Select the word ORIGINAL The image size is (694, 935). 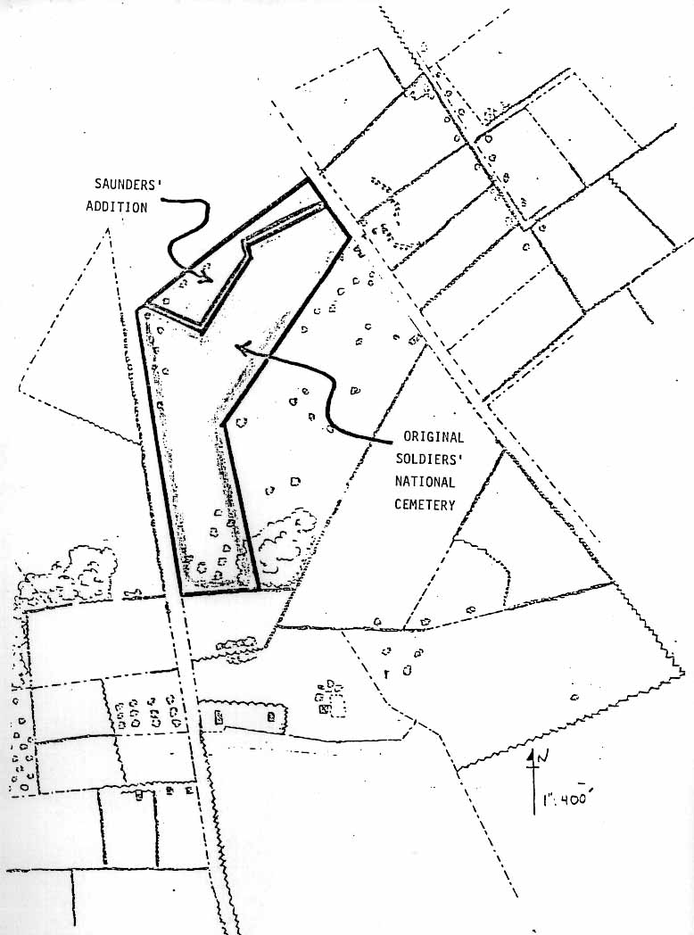pyautogui.click(x=434, y=438)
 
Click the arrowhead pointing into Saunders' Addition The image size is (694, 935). pyautogui.click(x=204, y=278)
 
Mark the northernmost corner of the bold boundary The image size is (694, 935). pyautogui.click(x=309, y=179)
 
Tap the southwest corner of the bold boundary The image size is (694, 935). pyautogui.click(x=181, y=592)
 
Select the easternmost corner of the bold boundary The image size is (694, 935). pyautogui.click(x=348, y=240)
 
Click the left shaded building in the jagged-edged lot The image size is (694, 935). pyautogui.click(x=218, y=715)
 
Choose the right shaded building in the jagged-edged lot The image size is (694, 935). pyautogui.click(x=269, y=716)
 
